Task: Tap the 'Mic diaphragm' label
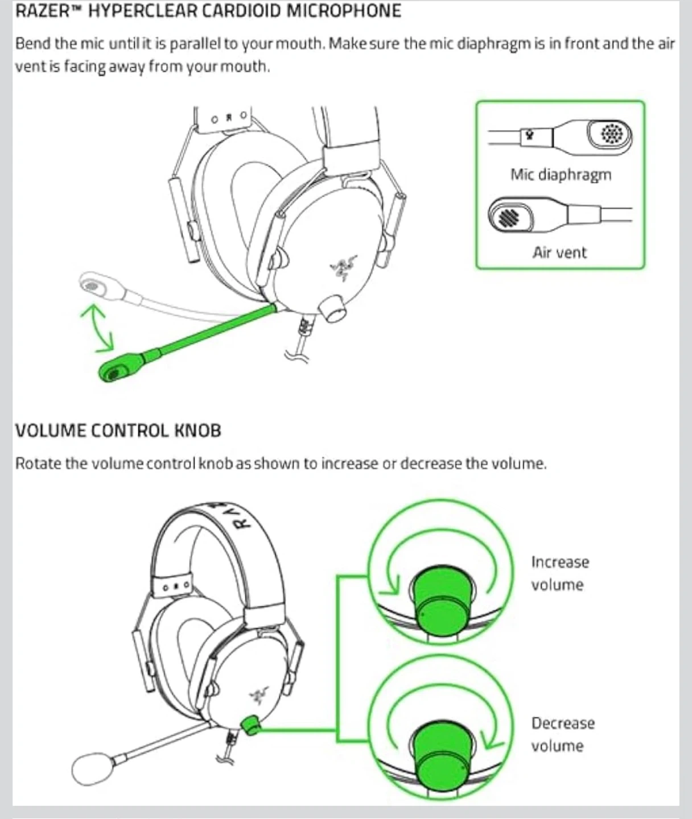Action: point(561,175)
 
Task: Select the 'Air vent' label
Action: point(559,253)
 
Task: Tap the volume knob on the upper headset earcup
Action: point(332,308)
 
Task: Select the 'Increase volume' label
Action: point(559,573)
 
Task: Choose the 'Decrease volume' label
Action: point(562,734)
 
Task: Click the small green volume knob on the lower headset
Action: point(250,724)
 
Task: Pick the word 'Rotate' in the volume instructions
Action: point(38,464)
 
